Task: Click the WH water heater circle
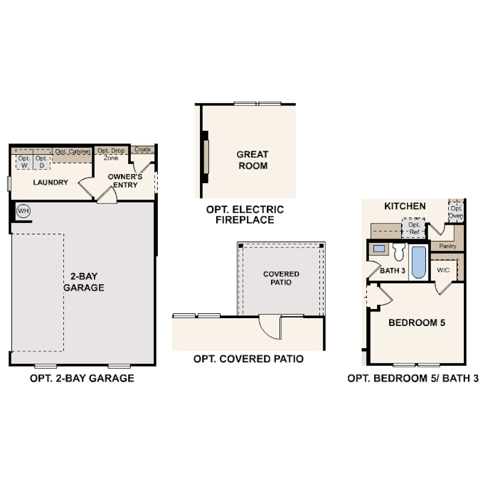click(x=23, y=211)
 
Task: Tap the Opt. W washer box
click(x=24, y=162)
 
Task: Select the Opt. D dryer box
click(x=42, y=162)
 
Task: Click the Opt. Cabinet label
click(x=72, y=152)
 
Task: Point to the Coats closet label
click(x=143, y=149)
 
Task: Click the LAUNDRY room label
click(x=51, y=183)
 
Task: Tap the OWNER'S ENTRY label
click(x=125, y=181)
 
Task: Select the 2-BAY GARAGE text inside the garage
click(x=84, y=282)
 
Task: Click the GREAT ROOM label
click(x=252, y=160)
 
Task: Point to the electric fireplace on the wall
click(x=205, y=157)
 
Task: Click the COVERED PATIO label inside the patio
click(x=281, y=278)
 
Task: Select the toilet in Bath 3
click(x=399, y=252)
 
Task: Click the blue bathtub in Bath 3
click(x=419, y=262)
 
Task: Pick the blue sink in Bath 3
click(x=379, y=249)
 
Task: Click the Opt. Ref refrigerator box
click(x=414, y=228)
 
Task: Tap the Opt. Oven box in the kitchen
click(x=456, y=211)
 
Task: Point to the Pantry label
click(x=448, y=246)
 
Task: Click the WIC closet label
click(x=443, y=270)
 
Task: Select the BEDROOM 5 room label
click(x=417, y=323)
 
